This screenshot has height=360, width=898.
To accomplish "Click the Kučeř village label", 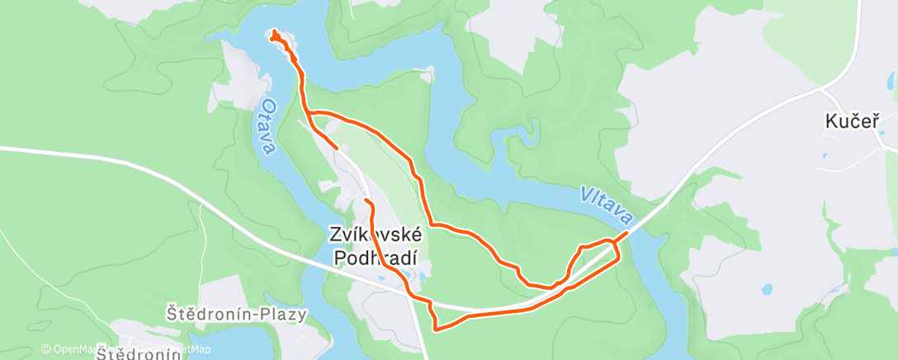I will (848, 121).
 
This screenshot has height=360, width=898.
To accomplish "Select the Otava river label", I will (265, 127).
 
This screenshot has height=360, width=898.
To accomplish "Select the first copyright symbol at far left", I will (46, 349).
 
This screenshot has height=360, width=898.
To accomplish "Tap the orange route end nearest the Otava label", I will (337, 148).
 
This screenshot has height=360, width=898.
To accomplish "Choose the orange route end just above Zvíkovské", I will (365, 201).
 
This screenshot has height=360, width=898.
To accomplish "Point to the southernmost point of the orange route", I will (435, 330).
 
